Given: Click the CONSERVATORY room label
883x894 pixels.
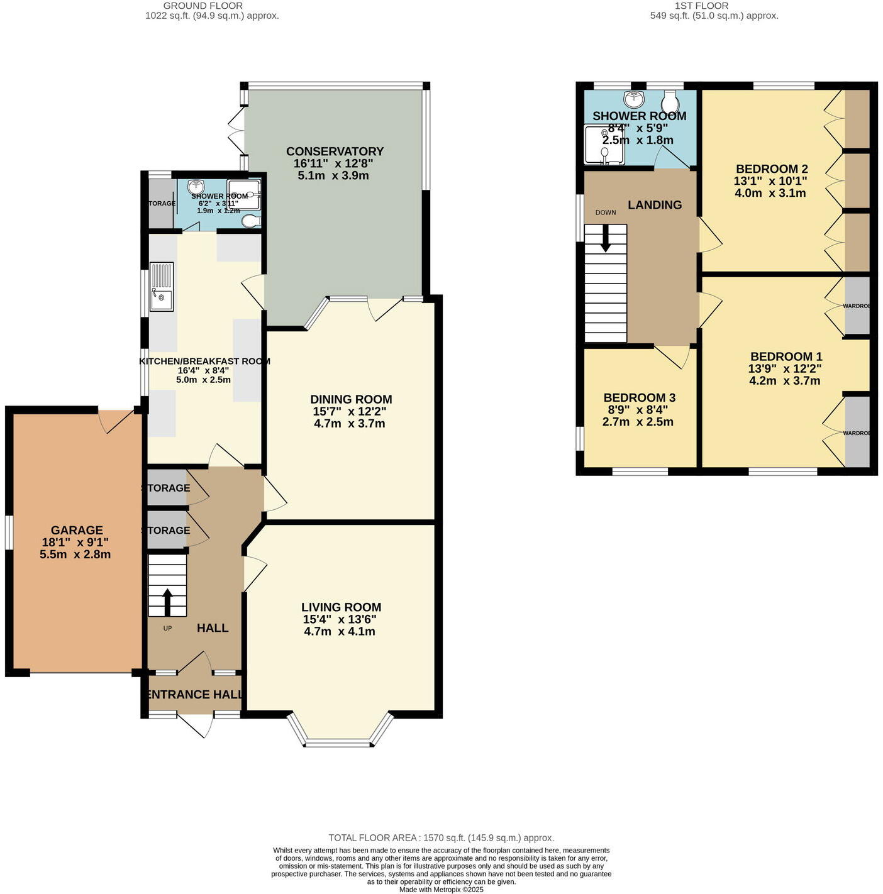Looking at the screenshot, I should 334,152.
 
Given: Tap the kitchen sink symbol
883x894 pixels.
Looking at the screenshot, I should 162,287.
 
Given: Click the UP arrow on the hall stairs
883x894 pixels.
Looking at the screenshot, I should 167,601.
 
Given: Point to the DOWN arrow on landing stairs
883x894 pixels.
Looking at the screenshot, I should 605,240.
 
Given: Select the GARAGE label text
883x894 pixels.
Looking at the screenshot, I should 77,530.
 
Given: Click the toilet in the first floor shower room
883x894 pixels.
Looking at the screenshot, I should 670,101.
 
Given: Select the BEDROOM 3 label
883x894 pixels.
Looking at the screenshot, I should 639,397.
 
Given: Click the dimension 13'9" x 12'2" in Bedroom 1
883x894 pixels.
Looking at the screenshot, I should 785,368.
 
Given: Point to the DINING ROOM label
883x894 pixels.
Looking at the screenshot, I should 351,399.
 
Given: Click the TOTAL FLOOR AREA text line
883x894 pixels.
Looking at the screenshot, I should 441,837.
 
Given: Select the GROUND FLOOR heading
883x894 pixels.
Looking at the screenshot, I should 203,6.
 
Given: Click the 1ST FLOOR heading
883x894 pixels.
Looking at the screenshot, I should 701,6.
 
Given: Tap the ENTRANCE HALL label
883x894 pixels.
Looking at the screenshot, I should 194,694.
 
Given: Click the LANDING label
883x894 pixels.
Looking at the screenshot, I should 655,205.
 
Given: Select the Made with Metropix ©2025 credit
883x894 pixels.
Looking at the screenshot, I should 441,889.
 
